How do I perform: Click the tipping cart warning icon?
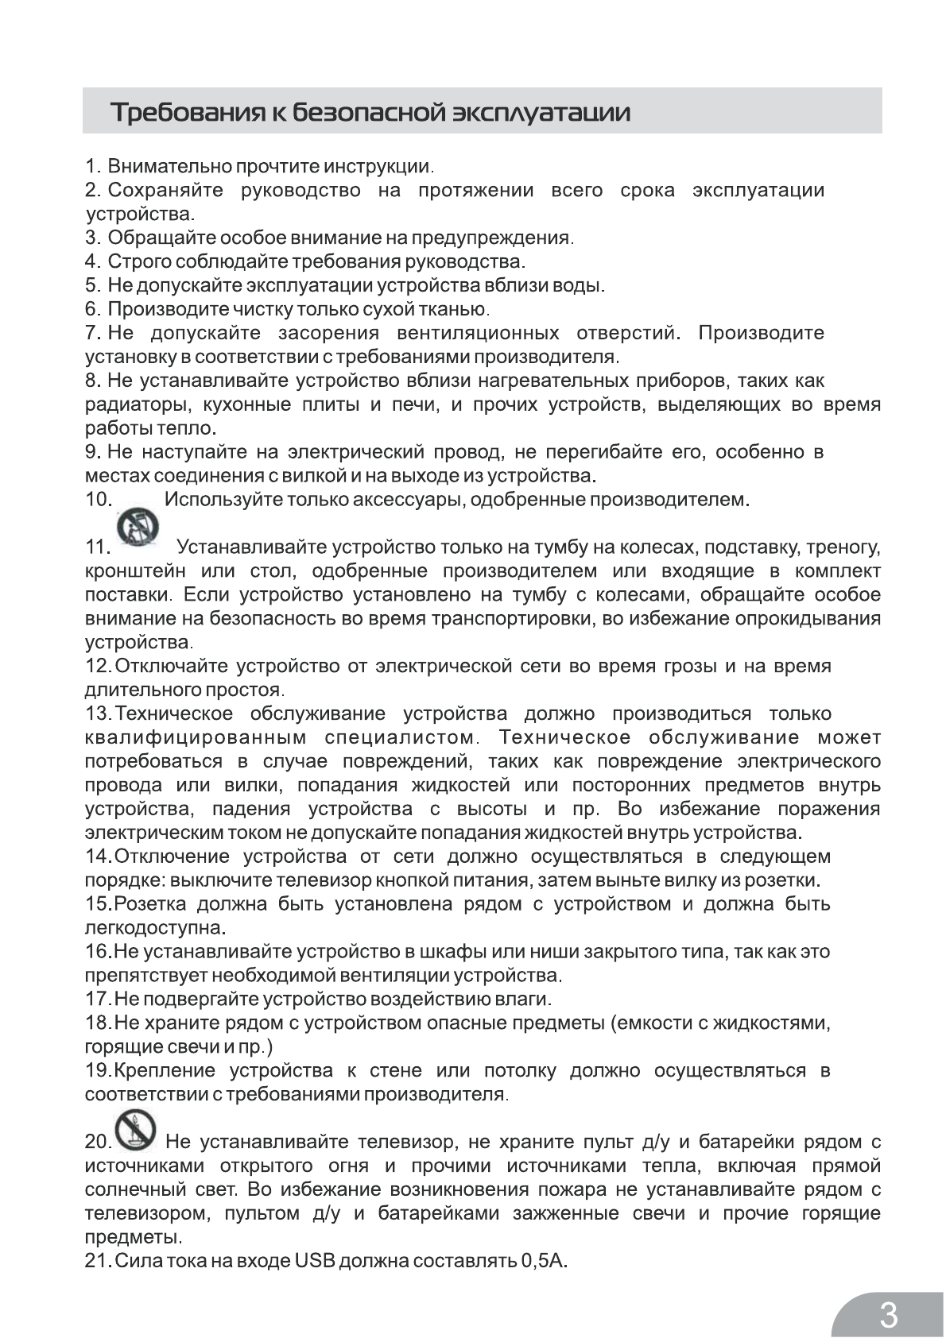click(138, 526)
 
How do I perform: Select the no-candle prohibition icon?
click(136, 1131)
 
